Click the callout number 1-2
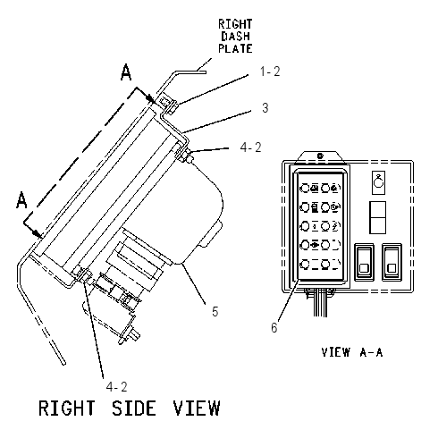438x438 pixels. (270, 72)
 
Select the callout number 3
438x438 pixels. (265, 107)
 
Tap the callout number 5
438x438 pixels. (215, 311)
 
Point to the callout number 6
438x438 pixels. (274, 327)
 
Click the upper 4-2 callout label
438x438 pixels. (250, 147)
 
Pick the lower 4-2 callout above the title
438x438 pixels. (116, 387)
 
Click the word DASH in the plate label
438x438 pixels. (235, 36)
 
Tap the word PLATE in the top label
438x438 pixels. (235, 48)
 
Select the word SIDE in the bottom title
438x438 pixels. (134, 409)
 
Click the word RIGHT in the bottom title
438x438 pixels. (67, 409)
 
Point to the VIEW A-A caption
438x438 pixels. (352, 352)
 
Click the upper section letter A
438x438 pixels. (126, 72)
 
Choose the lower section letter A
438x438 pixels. (21, 200)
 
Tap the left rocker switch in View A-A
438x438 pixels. (364, 262)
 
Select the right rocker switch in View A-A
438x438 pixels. (392, 262)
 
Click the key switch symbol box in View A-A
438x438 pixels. (378, 182)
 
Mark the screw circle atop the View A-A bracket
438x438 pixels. (320, 156)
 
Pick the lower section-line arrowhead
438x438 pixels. (38, 234)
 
